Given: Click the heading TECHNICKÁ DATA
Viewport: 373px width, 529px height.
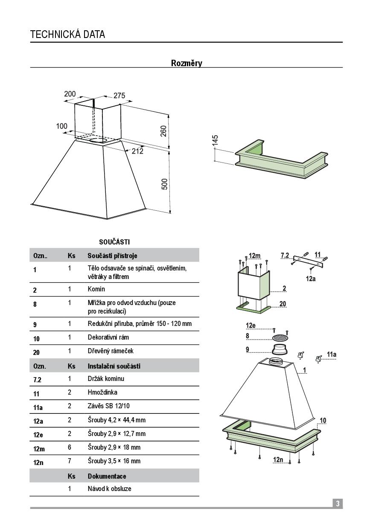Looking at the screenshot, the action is pos(67,35).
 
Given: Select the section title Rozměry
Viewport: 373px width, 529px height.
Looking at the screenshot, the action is pos(186,63).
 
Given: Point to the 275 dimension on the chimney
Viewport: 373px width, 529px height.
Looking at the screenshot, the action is pos(119,96).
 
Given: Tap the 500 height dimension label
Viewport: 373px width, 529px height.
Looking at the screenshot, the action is pos(164,184).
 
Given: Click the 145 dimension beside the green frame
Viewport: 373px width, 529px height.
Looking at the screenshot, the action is pos(215,141).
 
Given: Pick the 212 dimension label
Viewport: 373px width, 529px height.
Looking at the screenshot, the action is pos(137,151).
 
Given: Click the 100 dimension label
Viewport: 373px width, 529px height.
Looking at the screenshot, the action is pos(61,126).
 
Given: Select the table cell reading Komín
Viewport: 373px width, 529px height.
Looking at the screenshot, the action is pos(96,289).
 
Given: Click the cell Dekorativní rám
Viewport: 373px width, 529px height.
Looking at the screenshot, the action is pos(108,337).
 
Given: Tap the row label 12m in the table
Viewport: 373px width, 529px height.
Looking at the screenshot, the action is pos(39,449).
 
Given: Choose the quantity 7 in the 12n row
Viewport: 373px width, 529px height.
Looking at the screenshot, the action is pos(70,461).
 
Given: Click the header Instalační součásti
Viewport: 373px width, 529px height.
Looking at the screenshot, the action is pos(114,366).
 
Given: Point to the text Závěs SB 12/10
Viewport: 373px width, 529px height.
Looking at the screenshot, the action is pos(109,406).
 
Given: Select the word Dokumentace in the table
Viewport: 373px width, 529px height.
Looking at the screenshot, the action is pos(107,477).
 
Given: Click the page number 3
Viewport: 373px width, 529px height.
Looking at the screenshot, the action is pos(338,504).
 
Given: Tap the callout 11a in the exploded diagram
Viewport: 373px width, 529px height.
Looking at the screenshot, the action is pos(332,355).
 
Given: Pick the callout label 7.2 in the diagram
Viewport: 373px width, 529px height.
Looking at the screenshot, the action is pos(285,255).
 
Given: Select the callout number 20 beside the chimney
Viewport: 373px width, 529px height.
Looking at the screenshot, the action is pos(283,304).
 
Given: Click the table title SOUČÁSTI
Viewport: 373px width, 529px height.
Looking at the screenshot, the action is pos(114,242).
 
